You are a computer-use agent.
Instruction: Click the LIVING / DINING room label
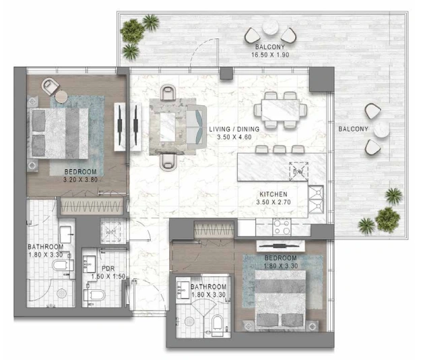234,129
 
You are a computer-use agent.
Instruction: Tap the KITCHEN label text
273,194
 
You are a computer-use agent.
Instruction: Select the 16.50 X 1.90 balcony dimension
270,55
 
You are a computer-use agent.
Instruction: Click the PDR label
108,268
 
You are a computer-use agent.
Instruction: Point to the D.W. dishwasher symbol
298,171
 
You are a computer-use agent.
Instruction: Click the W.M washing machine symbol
110,231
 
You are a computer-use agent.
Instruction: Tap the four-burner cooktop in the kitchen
282,227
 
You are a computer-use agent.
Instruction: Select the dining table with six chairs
280,110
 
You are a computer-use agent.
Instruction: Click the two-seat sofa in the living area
197,127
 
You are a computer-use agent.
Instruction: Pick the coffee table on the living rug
168,127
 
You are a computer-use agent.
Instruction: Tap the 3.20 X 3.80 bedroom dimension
80,180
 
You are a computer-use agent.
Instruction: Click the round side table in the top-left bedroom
61,96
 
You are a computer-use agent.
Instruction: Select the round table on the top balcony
271,28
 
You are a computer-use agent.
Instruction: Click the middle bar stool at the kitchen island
280,149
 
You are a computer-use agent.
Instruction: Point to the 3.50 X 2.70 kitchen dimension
273,202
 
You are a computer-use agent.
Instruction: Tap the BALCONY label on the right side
353,129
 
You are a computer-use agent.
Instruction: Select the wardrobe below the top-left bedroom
90,206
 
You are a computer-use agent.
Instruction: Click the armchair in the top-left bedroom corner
51,86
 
